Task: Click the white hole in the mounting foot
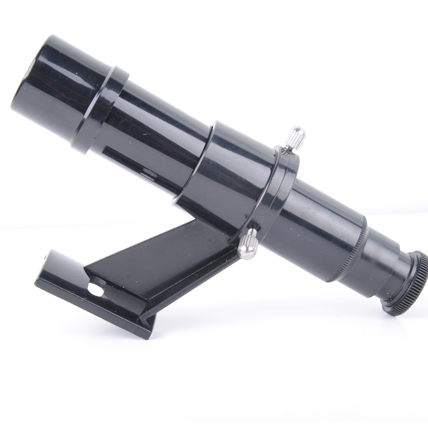[x=97, y=289]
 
